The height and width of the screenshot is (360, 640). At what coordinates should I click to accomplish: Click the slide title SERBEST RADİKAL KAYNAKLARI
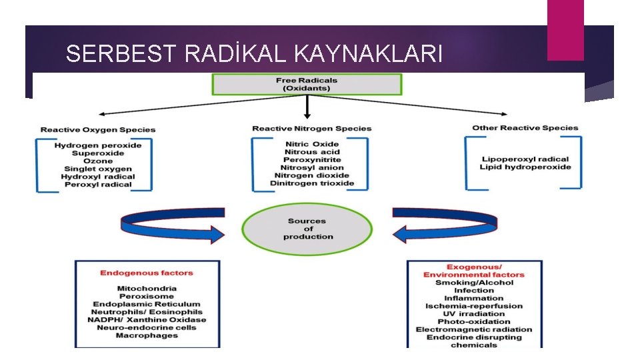(254, 53)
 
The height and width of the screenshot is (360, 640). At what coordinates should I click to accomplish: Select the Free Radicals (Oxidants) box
(307, 85)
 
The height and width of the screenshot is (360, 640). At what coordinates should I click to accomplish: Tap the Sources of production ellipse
(307, 229)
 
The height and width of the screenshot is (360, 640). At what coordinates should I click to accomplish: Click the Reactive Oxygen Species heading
(98, 130)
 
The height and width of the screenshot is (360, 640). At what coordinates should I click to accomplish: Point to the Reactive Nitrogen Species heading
(312, 129)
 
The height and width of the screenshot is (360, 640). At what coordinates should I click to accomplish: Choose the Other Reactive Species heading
(525, 128)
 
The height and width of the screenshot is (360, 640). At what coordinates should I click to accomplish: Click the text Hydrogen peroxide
(98, 145)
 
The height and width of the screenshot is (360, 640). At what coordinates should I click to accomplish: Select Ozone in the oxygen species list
(98, 161)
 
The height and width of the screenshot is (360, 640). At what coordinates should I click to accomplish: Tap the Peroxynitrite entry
(312, 160)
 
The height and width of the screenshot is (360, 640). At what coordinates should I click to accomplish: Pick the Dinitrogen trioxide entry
(312, 183)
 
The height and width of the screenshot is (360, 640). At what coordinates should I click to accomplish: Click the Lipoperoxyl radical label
(525, 159)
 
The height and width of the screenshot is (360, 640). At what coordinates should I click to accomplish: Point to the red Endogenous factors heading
(147, 273)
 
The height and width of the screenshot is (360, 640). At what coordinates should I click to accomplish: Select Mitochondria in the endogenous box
(147, 289)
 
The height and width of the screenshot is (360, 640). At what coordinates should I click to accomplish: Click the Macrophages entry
(147, 335)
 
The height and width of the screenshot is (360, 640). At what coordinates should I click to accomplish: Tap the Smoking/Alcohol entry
(474, 283)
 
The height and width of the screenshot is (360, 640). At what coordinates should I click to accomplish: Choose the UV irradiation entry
(474, 314)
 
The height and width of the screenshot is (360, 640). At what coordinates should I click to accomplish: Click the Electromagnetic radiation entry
(474, 329)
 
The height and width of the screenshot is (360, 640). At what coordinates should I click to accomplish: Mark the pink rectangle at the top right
(565, 29)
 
